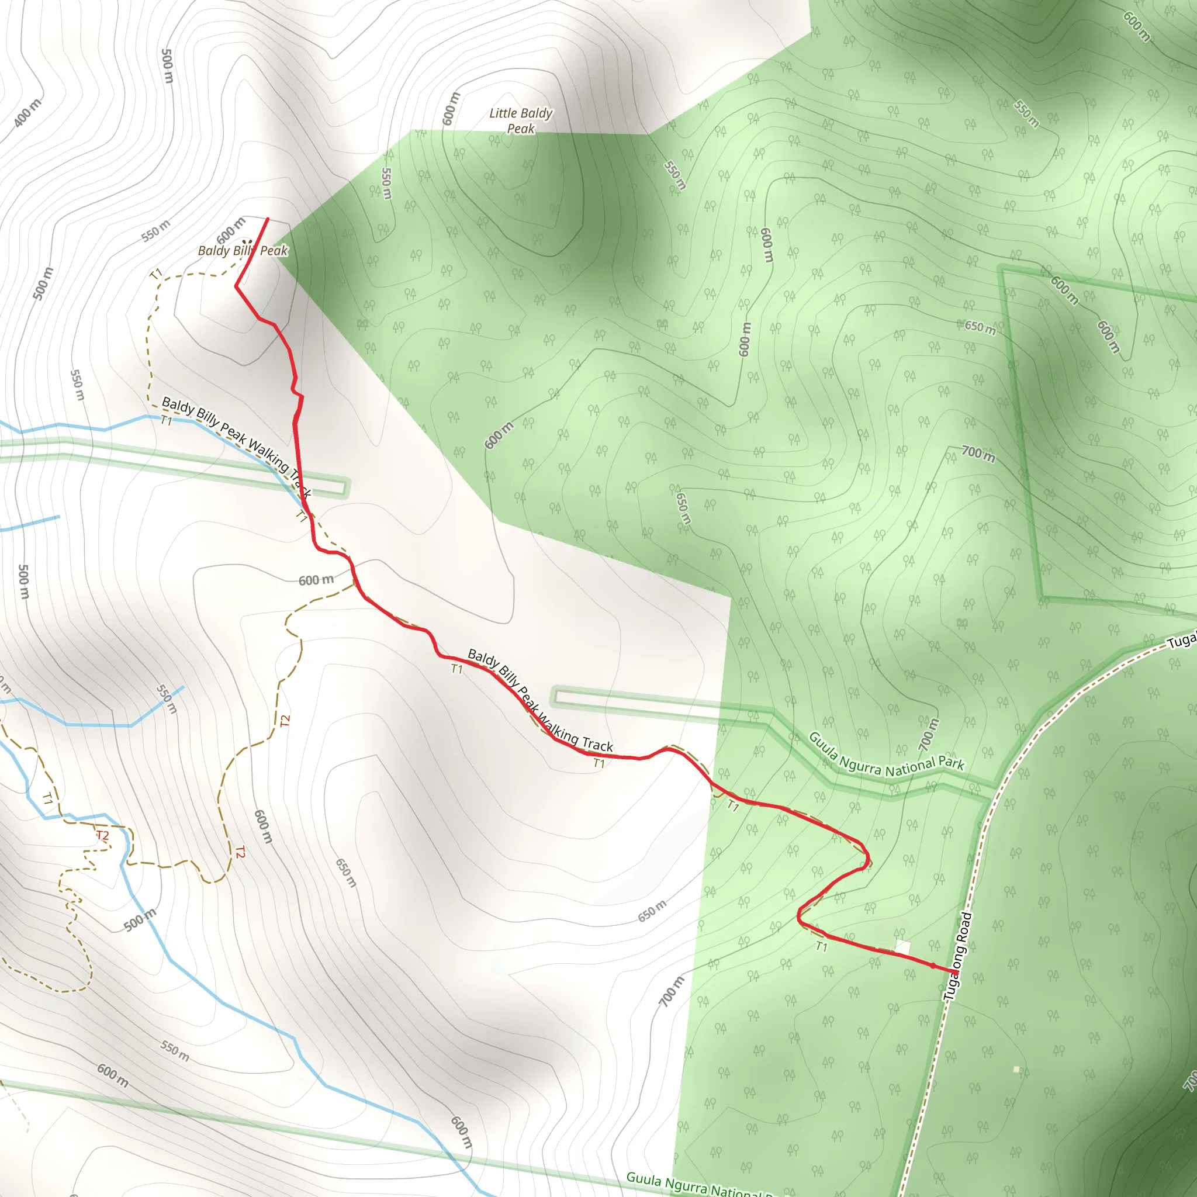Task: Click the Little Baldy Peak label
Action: coord(520,121)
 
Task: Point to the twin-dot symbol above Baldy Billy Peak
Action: coord(247,242)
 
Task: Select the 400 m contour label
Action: coord(27,113)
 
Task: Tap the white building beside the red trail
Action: coord(902,947)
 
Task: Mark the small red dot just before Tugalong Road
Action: coord(933,966)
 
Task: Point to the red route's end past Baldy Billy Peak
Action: coord(268,219)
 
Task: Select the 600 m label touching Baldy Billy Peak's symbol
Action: coord(231,230)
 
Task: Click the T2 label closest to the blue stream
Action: coord(103,835)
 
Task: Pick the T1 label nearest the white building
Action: coord(822,946)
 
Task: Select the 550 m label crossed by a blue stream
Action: coord(167,699)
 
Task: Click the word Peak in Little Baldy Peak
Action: coord(520,129)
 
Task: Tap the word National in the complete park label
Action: coord(910,768)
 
